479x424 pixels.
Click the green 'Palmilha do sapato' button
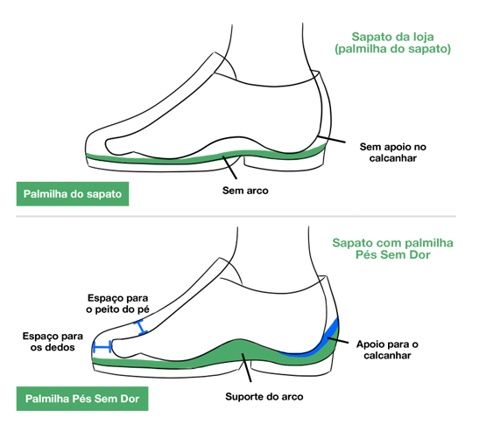click(73, 194)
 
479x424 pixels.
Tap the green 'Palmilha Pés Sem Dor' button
click(82, 399)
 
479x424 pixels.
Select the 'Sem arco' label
click(245, 191)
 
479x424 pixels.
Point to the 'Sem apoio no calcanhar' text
click(393, 152)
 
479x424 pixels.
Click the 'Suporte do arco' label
click(264, 397)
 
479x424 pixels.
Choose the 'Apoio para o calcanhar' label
click(387, 350)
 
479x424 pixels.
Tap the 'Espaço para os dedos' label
click(53, 342)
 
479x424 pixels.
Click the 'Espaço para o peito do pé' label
click(117, 304)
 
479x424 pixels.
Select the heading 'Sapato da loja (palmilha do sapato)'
click(392, 43)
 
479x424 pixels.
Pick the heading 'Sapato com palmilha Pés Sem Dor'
click(392, 248)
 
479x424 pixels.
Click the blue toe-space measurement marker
click(102, 347)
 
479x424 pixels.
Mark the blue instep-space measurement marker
click(140, 327)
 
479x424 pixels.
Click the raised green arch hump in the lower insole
click(242, 351)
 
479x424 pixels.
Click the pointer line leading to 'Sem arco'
click(229, 168)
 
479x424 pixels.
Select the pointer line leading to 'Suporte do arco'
click(247, 367)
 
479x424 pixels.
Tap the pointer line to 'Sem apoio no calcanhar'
click(332, 139)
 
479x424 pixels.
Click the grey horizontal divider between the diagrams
click(236, 216)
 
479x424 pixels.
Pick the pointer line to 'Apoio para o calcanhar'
click(338, 340)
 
